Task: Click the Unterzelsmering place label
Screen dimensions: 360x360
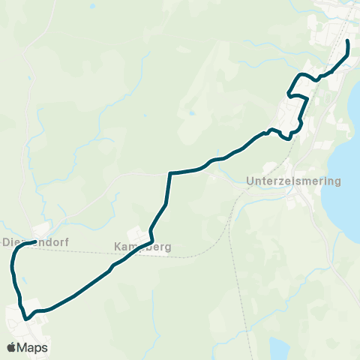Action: [293, 181]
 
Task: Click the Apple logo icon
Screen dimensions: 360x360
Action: [11, 347]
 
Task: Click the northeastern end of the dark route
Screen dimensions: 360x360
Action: [348, 40]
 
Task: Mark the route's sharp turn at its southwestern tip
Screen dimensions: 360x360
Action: [27, 319]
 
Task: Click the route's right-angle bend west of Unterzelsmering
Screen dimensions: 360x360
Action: [171, 174]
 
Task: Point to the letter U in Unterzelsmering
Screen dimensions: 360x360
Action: [250, 181]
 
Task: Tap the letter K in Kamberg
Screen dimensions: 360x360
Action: [118, 246]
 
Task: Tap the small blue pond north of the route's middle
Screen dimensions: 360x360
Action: [193, 114]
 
